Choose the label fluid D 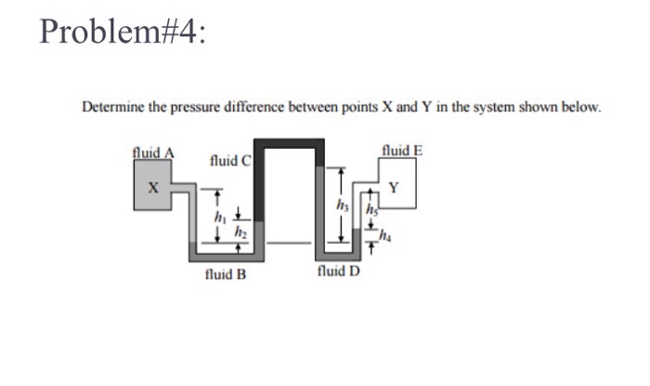pyautogui.click(x=338, y=272)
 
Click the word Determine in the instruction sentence pyautogui.click(x=113, y=108)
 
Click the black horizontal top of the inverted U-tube pyautogui.click(x=292, y=144)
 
